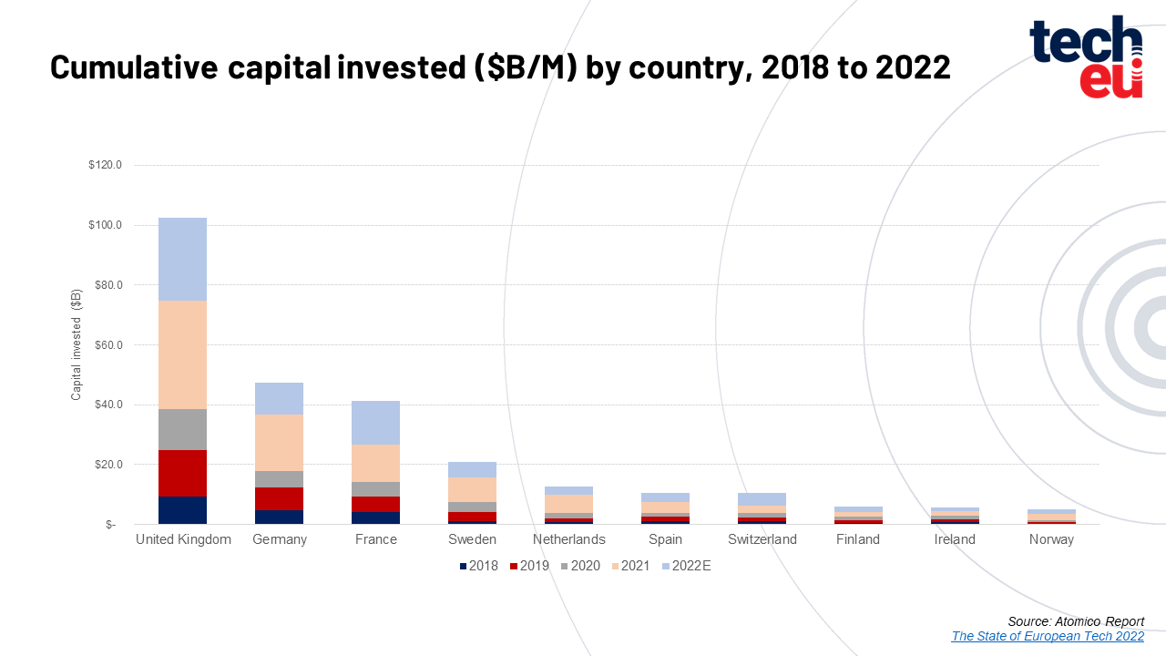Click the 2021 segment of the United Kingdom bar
[x=182, y=354]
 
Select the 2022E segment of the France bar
[x=375, y=423]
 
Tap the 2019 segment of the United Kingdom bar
[x=182, y=473]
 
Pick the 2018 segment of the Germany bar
[x=279, y=517]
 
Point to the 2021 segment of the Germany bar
[x=279, y=443]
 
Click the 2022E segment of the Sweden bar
[x=472, y=469]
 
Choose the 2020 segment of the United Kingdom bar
[x=182, y=429]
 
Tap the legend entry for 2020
[x=579, y=566]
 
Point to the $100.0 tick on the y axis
[x=106, y=225]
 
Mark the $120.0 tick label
[x=106, y=166]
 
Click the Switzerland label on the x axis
[x=762, y=539]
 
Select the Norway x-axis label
[x=1051, y=539]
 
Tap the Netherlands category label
[x=568, y=539]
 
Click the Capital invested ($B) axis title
[x=77, y=344]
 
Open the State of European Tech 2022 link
[x=1048, y=636]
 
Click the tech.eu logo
[x=1086, y=56]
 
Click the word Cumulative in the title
[x=133, y=67]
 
